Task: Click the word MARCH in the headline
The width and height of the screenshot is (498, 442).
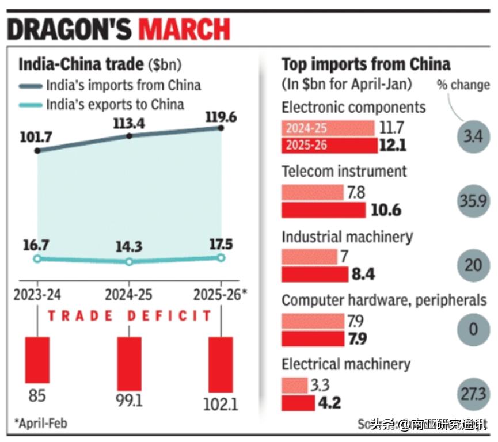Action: pos(184,29)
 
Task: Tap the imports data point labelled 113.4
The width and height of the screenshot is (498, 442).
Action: pos(129,136)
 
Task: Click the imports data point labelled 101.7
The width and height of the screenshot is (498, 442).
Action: pos(37,151)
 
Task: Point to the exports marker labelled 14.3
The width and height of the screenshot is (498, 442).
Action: pos(129,261)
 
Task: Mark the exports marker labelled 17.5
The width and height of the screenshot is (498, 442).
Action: pos(221,257)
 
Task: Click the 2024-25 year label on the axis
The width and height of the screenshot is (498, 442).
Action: pos(128,295)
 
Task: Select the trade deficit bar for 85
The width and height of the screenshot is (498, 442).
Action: pos(37,360)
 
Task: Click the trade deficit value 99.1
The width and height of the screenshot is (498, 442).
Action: pos(129,401)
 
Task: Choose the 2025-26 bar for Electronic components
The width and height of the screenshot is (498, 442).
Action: pos(329,145)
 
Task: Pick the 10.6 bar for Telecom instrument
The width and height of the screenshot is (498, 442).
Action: pos(323,209)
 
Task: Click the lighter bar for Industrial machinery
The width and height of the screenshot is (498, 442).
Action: pos(309,256)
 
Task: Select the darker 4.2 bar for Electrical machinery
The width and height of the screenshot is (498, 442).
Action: pos(298,402)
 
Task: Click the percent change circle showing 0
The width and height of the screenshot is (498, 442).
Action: pos(474,329)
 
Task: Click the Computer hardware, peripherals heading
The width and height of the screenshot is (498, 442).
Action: pos(383,300)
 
